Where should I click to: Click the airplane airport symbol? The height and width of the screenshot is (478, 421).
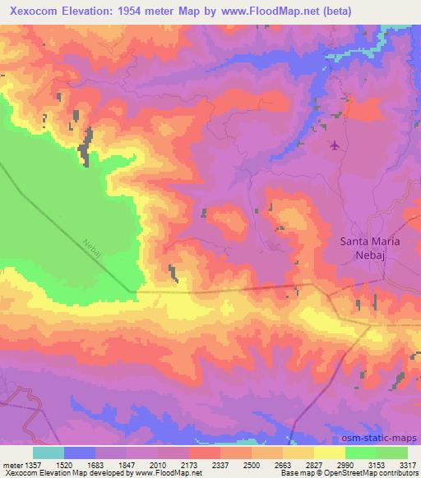click(x=334, y=146)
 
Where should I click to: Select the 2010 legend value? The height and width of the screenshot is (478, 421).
click(x=159, y=465)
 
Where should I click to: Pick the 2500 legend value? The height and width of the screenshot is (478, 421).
click(x=252, y=465)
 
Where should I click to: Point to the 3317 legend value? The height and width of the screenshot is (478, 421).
click(x=407, y=465)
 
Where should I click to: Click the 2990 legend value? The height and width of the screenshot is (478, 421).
click(x=345, y=465)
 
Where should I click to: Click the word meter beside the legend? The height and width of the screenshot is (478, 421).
click(x=12, y=465)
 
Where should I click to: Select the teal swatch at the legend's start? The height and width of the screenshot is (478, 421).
click(x=49, y=453)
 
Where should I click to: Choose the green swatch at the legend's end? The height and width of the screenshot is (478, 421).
click(x=392, y=453)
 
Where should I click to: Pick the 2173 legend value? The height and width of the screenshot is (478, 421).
click(x=190, y=465)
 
